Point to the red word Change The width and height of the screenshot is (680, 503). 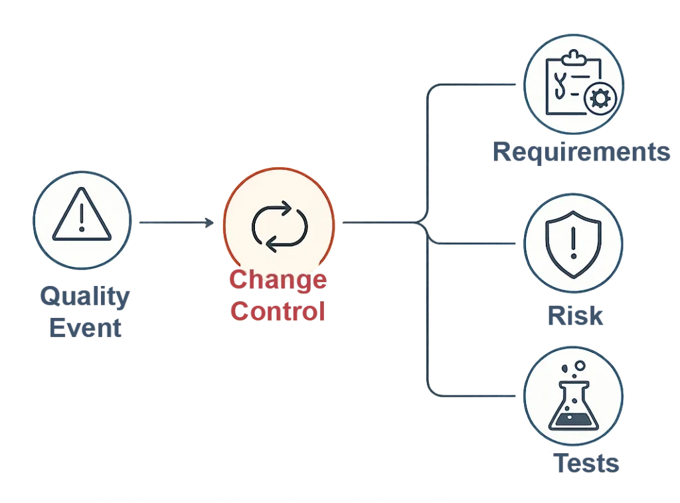coord(278,280)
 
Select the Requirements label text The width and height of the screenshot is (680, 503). coord(579,153)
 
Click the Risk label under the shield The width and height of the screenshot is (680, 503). coord(576,317)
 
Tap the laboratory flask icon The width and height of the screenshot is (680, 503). coord(572,403)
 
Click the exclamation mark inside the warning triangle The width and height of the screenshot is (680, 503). coord(81,216)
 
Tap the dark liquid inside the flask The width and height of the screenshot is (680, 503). coord(572,419)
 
